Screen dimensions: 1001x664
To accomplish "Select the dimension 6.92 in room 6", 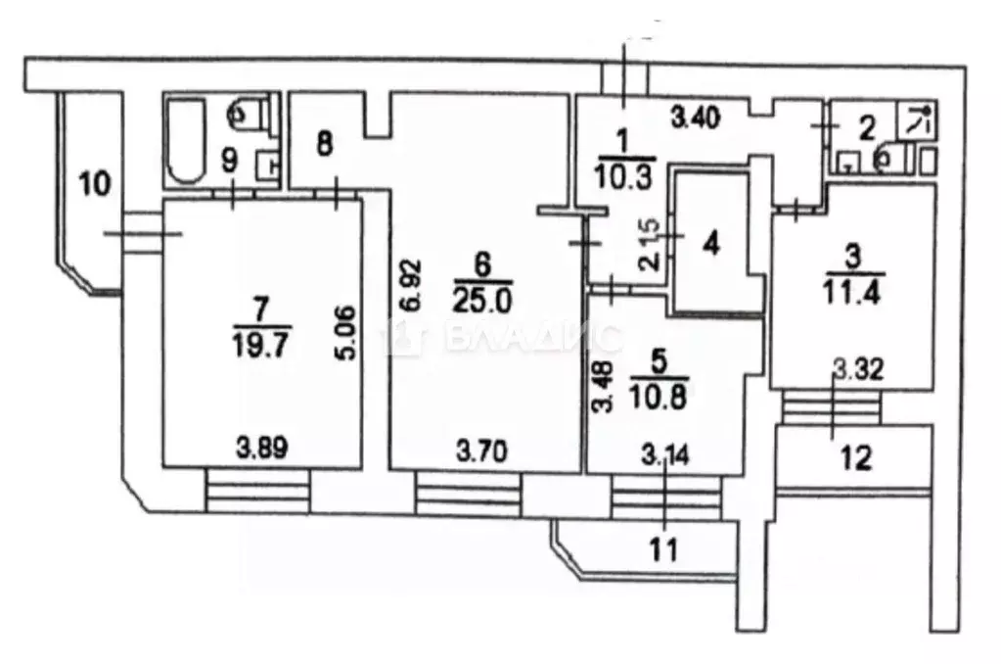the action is click(412, 284).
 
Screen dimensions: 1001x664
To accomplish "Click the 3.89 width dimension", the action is click(261, 449).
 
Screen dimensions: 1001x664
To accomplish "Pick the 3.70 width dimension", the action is click(482, 452).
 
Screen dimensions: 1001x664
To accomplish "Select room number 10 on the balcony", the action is click(95, 184).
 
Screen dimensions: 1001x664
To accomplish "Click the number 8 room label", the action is click(325, 144).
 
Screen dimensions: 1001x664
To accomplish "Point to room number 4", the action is click(711, 244).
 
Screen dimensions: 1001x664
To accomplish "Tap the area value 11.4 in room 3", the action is click(853, 294).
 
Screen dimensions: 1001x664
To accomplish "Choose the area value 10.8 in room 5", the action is click(658, 399).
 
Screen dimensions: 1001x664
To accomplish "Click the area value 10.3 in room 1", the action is click(622, 174).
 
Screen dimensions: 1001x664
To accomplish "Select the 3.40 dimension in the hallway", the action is click(695, 118).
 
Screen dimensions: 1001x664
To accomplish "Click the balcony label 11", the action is click(663, 550).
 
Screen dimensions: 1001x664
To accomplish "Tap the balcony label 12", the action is click(855, 458).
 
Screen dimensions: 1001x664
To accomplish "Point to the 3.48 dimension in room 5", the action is click(604, 387).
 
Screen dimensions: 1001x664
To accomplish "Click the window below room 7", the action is click(258, 491).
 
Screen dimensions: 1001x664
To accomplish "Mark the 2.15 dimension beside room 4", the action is click(651, 244).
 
